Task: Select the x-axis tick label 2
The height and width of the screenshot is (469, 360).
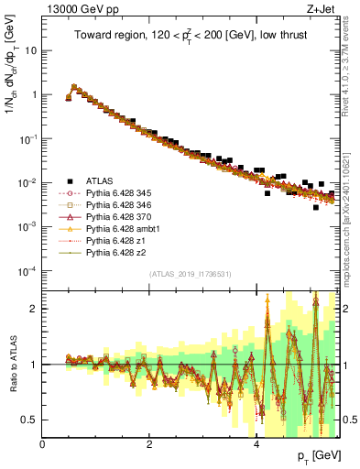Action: pos(150,444)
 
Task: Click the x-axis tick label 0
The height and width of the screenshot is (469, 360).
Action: pos(43,444)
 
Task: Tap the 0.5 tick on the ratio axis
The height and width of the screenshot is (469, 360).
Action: pos(31,420)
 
